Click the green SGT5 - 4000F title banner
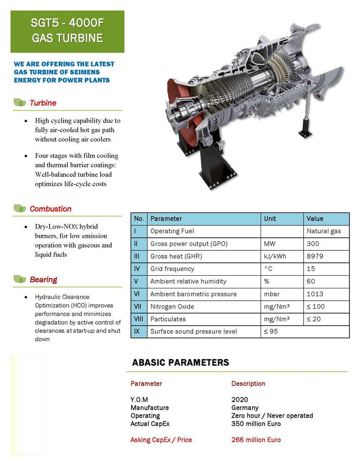(67, 31)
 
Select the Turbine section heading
(43, 103)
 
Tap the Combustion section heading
(50, 209)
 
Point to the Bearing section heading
(44, 279)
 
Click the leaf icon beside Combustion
(20, 209)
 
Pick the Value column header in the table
(315, 219)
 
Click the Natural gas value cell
(324, 231)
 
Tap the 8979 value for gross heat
(315, 256)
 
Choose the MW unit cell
(270, 244)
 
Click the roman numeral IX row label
(137, 331)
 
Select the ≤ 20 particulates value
(314, 319)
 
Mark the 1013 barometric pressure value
(315, 294)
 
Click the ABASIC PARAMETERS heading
(180, 363)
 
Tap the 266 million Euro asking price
(256, 440)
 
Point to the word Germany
(245, 407)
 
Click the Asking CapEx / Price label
(161, 440)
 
